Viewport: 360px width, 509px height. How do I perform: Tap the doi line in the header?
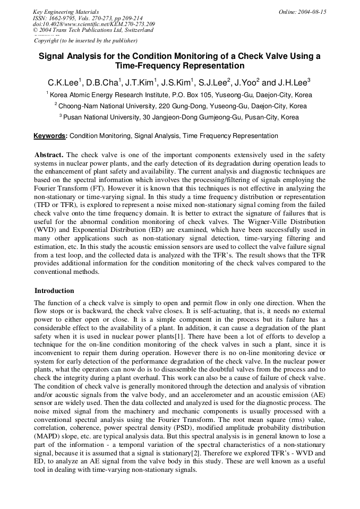click(x=94, y=24)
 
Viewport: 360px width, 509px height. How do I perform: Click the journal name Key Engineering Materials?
click(x=66, y=12)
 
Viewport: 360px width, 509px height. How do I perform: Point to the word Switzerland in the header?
click(x=136, y=30)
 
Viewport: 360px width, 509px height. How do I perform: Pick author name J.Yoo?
click(x=246, y=83)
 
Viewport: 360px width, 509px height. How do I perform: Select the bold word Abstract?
click(x=49, y=154)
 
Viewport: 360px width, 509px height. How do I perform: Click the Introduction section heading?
click(x=54, y=291)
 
